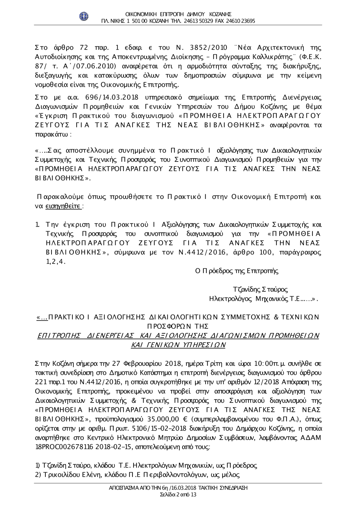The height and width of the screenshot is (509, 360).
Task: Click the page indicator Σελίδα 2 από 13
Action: pos(178,495)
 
